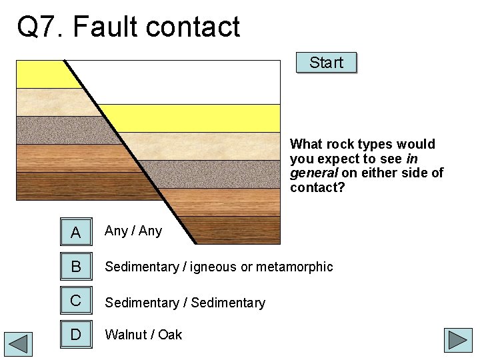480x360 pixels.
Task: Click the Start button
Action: pos(326,63)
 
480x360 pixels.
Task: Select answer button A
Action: pos(76,231)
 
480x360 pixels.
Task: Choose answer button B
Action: pos(76,267)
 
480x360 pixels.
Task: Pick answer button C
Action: pos(76,301)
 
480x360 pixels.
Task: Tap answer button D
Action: pos(76,334)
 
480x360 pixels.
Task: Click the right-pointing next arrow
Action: pos(459,340)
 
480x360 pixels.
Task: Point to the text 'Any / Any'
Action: pos(133,231)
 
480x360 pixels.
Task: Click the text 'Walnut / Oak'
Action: pos(143,335)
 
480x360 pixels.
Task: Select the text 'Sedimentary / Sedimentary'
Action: pos(185,303)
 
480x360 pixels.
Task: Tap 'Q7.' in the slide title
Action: pos(41,27)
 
